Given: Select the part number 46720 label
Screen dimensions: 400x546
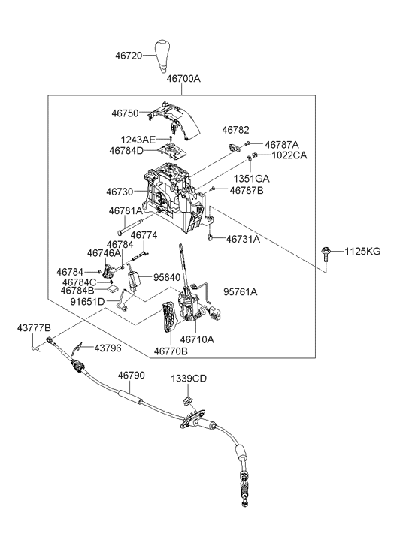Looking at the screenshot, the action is click(129, 56).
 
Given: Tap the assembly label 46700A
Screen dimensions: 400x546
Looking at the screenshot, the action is click(183, 79).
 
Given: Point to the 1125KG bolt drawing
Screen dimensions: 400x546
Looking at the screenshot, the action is click(326, 254).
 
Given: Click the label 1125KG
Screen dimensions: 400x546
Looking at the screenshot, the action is click(362, 252).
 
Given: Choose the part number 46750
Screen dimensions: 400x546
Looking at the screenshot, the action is click(126, 113).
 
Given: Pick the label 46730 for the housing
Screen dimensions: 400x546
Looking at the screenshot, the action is click(120, 192).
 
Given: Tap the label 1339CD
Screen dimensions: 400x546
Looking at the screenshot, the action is click(189, 379).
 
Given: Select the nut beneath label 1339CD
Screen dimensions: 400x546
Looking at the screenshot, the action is click(187, 400).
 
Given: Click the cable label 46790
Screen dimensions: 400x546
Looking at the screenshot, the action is click(131, 376).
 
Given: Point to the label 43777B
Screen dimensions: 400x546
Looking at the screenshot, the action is click(34, 327).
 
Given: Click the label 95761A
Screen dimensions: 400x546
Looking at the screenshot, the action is click(240, 292).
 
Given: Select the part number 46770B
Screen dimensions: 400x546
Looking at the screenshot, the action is click(171, 351).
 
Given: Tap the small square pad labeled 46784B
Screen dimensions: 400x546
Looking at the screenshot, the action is click(113, 288).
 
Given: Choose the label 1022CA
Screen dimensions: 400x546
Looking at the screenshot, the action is click(289, 155).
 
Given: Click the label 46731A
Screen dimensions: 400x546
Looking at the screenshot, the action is click(243, 240).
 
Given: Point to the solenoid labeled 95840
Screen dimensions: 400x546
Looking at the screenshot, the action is click(134, 279).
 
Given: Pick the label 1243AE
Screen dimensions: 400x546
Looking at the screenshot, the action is click(138, 140).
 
